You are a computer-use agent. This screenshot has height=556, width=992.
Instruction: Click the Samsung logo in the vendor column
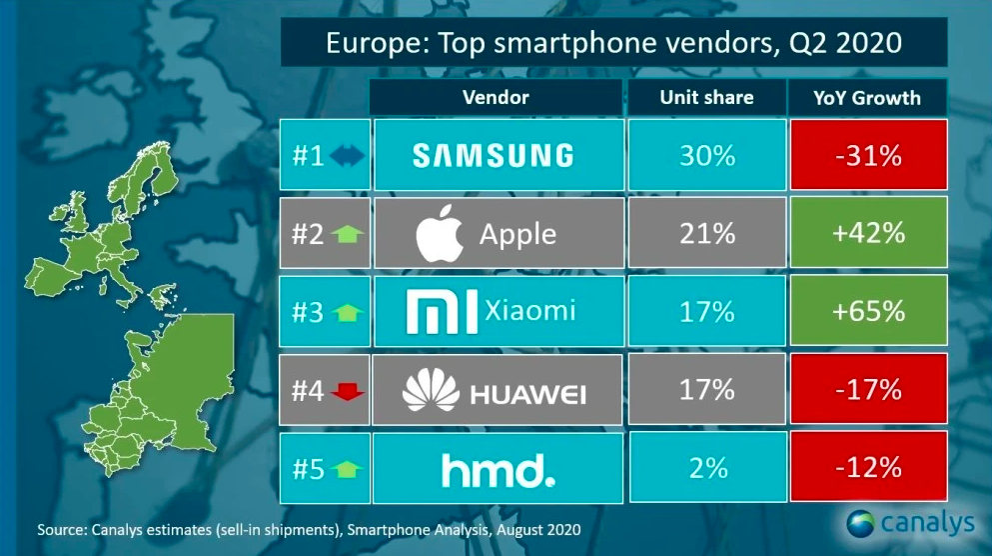[x=494, y=155]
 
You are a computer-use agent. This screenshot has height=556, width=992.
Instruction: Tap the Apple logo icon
[x=441, y=234]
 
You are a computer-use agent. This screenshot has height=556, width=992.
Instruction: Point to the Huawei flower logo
[x=430, y=390]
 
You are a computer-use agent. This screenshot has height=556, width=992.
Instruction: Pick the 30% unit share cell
[x=706, y=155]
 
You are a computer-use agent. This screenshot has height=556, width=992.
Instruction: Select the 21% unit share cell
[x=706, y=233]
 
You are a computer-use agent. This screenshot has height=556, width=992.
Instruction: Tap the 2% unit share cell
[x=706, y=468]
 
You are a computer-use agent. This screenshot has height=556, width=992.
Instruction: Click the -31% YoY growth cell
[x=867, y=155]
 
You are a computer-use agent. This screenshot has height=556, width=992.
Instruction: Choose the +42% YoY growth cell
[x=867, y=233]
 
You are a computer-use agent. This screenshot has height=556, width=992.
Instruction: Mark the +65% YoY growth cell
[x=867, y=311]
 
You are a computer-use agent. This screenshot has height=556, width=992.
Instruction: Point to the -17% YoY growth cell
[x=867, y=389]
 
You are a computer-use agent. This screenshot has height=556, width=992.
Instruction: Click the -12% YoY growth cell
[x=867, y=468]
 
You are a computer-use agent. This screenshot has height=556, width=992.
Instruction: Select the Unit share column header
[x=706, y=98]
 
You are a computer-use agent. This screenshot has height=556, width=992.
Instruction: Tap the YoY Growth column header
[x=867, y=98]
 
